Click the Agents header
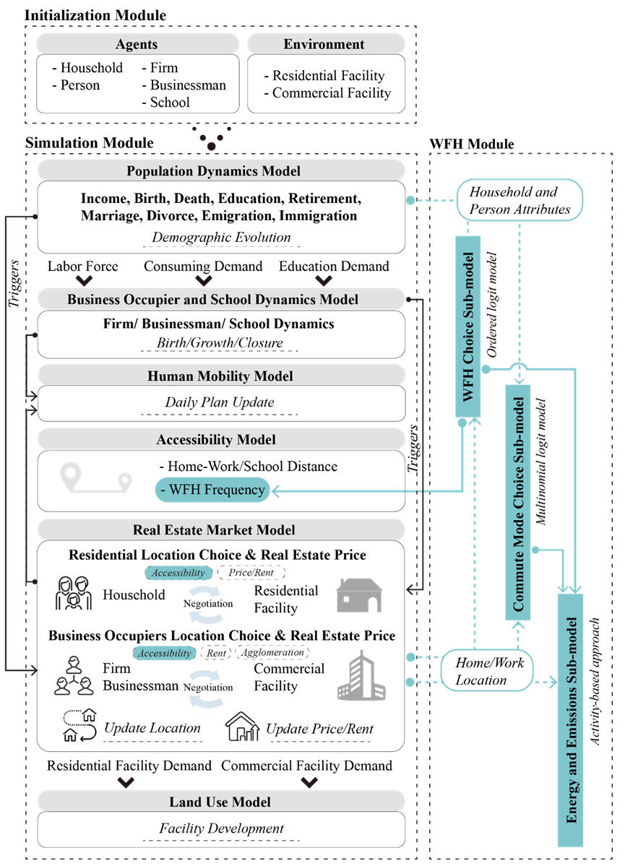137,44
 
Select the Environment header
324,44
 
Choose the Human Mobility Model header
220,376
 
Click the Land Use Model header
220,802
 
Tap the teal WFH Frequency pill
212,490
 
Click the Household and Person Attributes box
520,200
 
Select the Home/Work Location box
486,671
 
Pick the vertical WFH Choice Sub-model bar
468,325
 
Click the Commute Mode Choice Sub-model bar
517,503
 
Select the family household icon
75,593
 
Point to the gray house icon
359,595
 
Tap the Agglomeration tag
272,652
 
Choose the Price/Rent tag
251,573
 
